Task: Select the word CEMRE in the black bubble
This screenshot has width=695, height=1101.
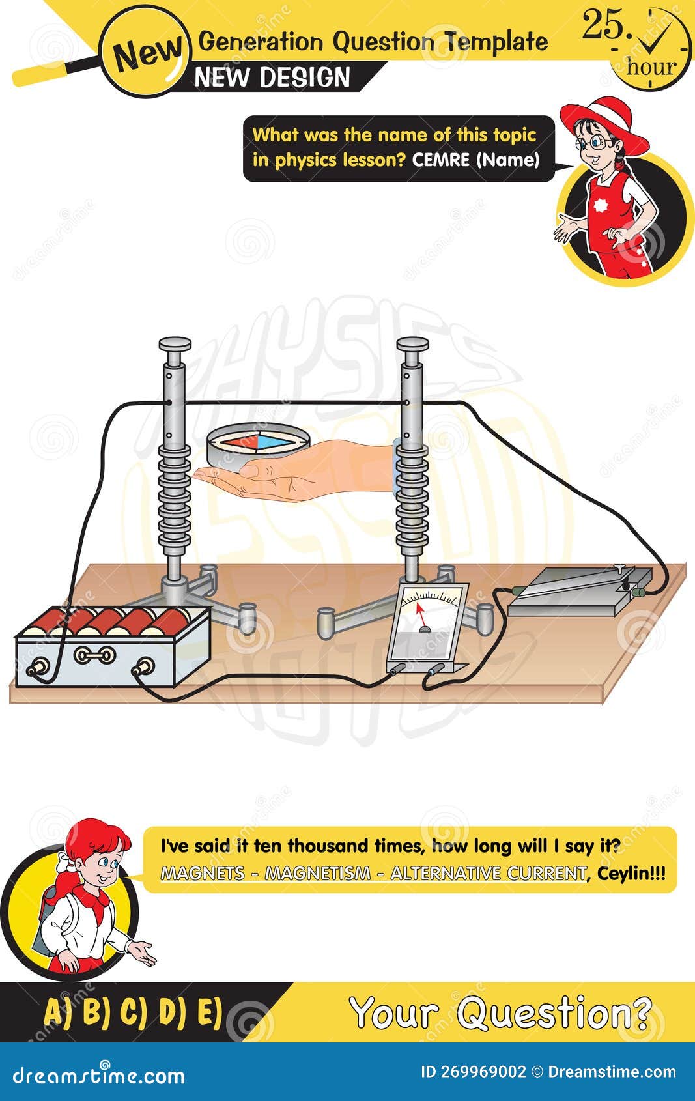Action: (441, 160)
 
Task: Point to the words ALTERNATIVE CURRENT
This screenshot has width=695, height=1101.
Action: (488, 873)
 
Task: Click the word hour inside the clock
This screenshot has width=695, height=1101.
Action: (652, 66)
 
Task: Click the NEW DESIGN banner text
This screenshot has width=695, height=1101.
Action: (272, 78)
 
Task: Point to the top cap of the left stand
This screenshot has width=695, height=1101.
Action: (175, 343)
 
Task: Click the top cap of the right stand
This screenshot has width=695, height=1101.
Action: (412, 343)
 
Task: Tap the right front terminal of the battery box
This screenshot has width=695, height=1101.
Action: (143, 666)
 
